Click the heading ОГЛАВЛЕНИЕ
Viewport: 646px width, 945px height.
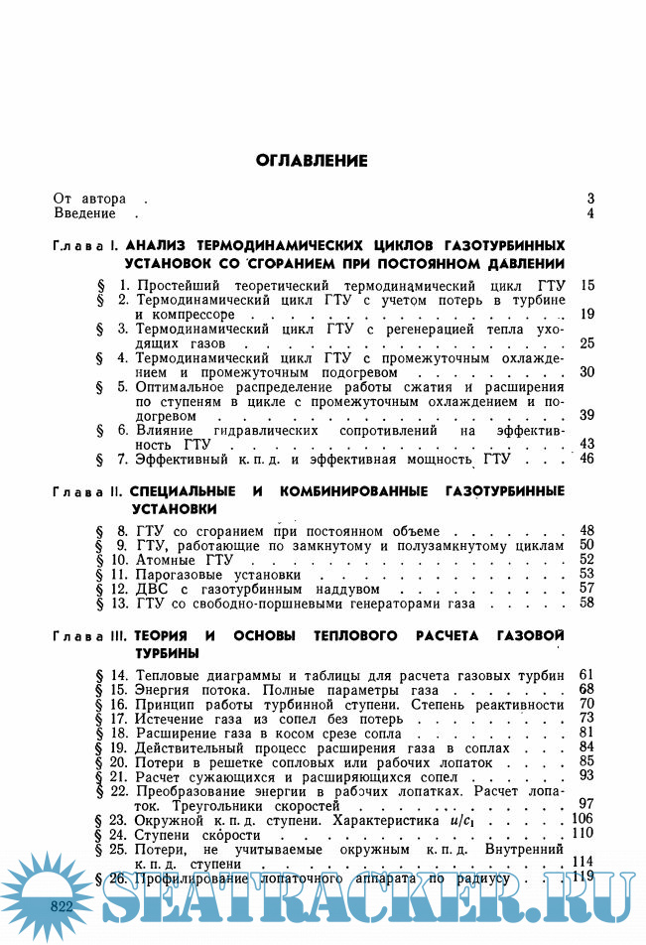pyautogui.click(x=312, y=160)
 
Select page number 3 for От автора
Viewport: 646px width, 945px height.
pyautogui.click(x=589, y=199)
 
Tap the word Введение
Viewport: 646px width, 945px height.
pyautogui.click(x=85, y=213)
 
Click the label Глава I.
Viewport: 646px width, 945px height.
pyautogui.click(x=86, y=245)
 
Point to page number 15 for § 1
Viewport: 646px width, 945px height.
pyautogui.click(x=586, y=286)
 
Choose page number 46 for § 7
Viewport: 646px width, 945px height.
pyautogui.click(x=586, y=459)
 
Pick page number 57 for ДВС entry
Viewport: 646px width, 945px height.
pyautogui.click(x=586, y=589)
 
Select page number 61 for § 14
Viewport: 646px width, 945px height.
pyautogui.click(x=585, y=675)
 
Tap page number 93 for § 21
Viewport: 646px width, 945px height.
pyautogui.click(x=585, y=775)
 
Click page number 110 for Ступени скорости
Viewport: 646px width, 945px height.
pyautogui.click(x=582, y=834)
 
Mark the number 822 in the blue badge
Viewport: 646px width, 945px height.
pyautogui.click(x=62, y=906)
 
